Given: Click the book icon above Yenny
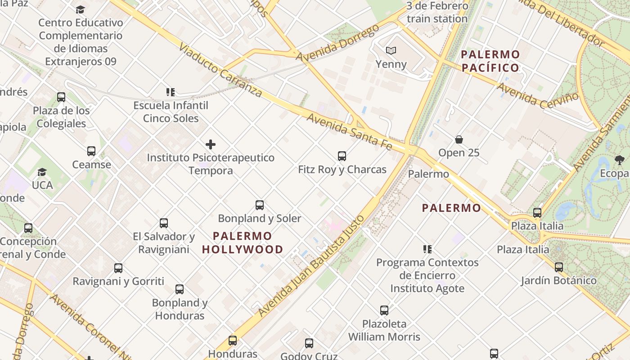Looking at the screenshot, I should click(391, 51).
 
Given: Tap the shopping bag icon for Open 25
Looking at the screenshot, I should click(459, 139).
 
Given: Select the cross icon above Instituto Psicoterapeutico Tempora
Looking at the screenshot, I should click(210, 144).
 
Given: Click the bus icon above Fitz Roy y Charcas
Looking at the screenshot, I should click(342, 156).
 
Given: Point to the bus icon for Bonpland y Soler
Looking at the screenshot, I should click(260, 205).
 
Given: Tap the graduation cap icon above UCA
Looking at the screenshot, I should click(42, 172).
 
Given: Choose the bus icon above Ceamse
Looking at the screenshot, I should click(91, 151).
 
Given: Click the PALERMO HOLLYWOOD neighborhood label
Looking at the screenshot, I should click(243, 243).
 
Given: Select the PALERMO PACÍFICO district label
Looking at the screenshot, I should click(490, 61).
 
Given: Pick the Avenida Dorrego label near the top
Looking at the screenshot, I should click(337, 44).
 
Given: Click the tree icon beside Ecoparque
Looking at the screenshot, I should click(620, 160).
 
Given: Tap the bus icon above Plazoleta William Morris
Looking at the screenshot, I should click(384, 310).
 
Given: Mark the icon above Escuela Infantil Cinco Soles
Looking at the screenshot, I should click(171, 92).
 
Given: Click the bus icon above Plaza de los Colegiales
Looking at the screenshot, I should click(61, 97).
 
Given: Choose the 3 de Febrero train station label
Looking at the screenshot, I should click(437, 13).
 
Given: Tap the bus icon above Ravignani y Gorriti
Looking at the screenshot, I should click(118, 268).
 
